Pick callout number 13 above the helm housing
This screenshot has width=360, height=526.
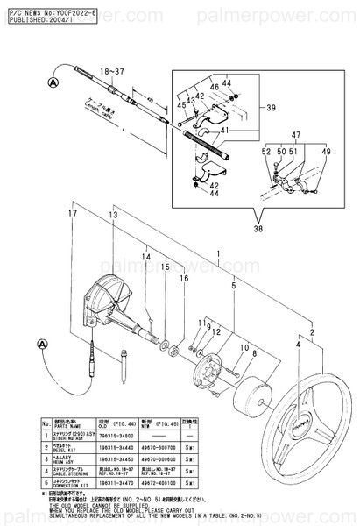113,215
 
